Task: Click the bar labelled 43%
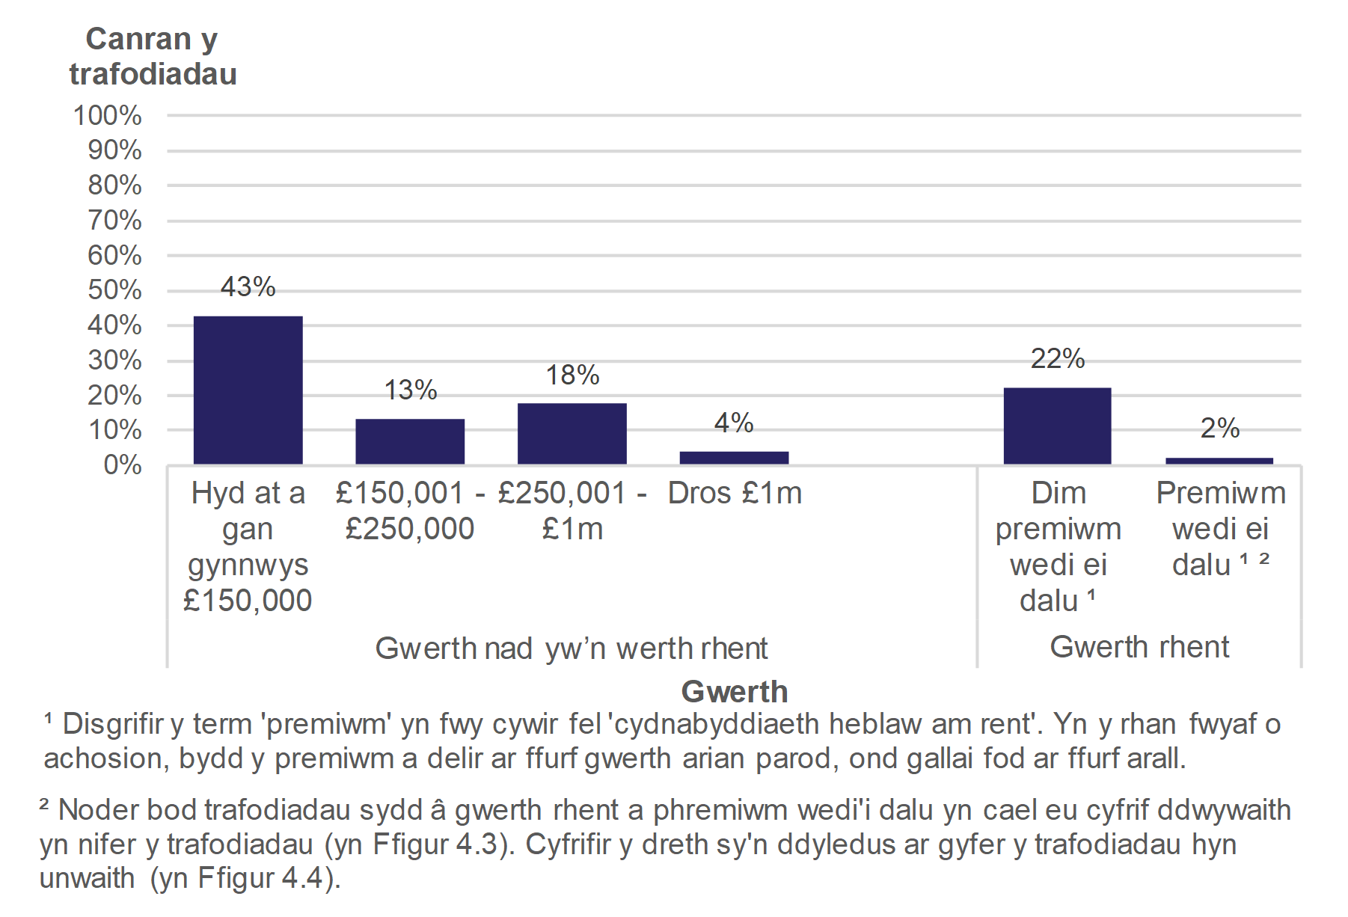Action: (x=248, y=390)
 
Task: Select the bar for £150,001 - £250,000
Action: (x=410, y=441)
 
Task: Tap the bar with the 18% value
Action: (x=572, y=434)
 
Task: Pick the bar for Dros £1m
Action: (x=734, y=458)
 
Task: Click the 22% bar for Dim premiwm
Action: (x=1057, y=426)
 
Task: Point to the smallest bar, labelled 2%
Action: (x=1219, y=461)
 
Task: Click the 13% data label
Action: (x=410, y=390)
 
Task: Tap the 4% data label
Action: (x=734, y=423)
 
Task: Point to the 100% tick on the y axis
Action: (x=108, y=116)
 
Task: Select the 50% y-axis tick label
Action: (x=114, y=290)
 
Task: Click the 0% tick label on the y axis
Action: (x=122, y=465)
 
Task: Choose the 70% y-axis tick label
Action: (x=114, y=221)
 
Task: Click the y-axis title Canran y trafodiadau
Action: (x=153, y=57)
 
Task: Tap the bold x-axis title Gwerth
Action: (x=735, y=692)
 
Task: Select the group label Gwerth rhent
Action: (x=1139, y=647)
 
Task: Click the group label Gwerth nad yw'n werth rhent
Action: (x=572, y=648)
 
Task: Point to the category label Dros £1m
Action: (x=735, y=494)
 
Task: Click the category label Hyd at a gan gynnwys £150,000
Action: (x=248, y=546)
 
